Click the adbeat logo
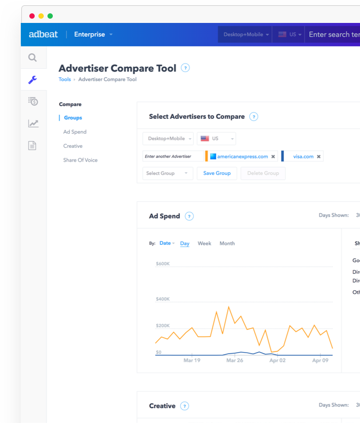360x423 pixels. coord(43,35)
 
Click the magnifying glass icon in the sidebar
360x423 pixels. coord(33,58)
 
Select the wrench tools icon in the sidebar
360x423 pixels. coord(33,80)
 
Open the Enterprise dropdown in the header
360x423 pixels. coord(93,35)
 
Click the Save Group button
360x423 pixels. coord(217,173)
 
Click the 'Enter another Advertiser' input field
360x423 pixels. coord(173,156)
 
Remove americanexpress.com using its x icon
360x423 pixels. coord(273,157)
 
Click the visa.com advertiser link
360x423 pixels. coord(303,156)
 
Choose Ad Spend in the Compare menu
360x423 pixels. coord(75,132)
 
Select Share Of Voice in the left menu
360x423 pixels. coord(80,160)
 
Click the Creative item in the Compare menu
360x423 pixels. coord(73,146)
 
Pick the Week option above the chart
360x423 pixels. coord(204,243)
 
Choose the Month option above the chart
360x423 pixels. coord(227,243)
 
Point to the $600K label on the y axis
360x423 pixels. coord(163,264)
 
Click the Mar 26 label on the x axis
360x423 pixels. coord(235,361)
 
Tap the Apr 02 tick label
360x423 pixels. coord(277,361)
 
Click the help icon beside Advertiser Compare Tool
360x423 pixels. coord(185,68)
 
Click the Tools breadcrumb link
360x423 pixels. coord(65,79)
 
